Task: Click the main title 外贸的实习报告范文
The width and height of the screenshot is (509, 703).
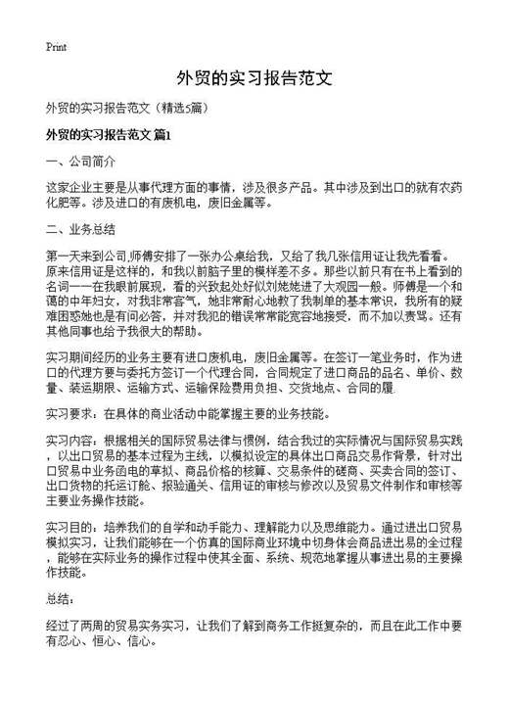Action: click(x=254, y=77)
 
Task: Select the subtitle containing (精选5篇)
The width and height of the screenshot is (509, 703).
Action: click(x=123, y=107)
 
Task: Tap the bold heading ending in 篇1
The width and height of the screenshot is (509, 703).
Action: click(x=109, y=133)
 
